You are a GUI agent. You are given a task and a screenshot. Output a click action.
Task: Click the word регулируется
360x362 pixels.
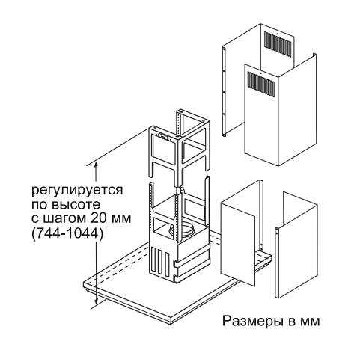point(77,191)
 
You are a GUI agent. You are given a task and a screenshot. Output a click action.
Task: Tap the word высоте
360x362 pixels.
point(76,204)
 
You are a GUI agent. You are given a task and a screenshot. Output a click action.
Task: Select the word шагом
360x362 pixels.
point(63,219)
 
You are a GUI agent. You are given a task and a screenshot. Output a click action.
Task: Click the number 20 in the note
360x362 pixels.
point(98,218)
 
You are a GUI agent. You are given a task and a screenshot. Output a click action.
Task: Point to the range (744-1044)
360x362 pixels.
point(67,234)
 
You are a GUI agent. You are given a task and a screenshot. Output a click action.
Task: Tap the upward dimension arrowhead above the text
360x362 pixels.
point(96,165)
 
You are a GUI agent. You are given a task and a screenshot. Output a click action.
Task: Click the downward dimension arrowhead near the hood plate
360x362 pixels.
point(96,301)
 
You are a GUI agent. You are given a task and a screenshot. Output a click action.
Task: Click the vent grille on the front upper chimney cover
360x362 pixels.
point(261,84)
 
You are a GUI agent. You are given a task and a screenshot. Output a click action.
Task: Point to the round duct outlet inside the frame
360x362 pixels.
point(181,230)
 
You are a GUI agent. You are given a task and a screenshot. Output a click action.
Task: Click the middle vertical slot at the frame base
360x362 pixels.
point(160,261)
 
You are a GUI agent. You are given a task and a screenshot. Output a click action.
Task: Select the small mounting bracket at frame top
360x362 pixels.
point(163,136)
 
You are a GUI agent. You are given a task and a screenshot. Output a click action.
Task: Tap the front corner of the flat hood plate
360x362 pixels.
point(171,321)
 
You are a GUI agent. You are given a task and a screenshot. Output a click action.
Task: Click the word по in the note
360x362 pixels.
point(40,205)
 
